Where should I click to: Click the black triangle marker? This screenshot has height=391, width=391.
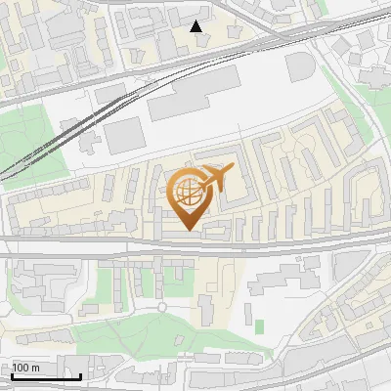(196, 26)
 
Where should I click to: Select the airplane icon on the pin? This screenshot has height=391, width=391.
(215, 179)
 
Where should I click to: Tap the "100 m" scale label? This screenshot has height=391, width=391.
(25, 368)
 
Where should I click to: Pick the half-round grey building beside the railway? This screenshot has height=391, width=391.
(300, 67)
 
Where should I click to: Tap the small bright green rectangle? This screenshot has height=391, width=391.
(259, 326)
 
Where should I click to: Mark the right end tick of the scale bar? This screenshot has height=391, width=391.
(80, 374)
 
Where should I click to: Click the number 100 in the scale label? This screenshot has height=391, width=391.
(21, 368)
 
